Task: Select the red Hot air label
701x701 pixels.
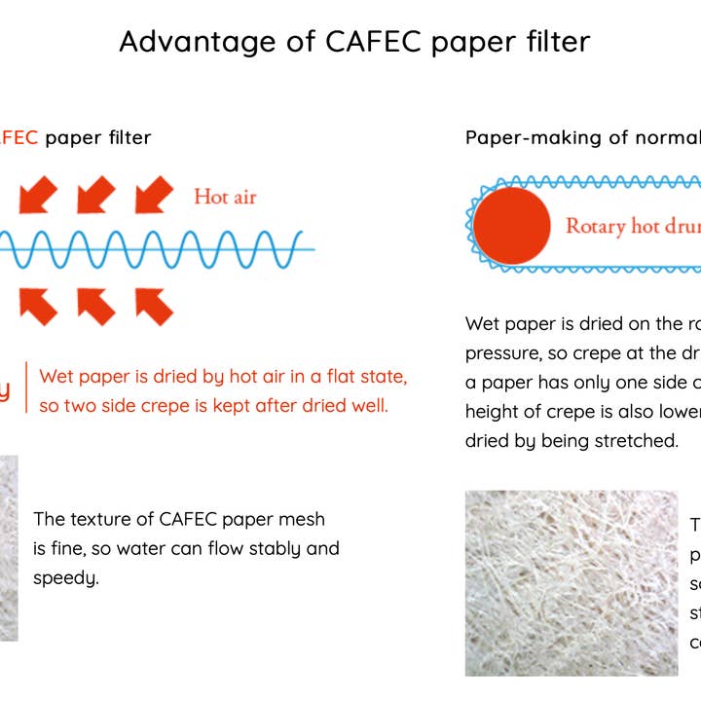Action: (x=225, y=197)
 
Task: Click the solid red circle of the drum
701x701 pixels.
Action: (x=511, y=226)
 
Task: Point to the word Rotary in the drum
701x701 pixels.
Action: (x=596, y=227)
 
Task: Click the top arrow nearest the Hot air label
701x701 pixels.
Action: (x=154, y=194)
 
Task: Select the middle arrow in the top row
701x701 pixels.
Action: (x=96, y=194)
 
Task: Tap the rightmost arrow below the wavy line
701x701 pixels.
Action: (x=154, y=305)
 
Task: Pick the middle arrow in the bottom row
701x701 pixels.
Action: (x=96, y=305)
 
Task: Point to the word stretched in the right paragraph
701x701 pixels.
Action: (x=638, y=440)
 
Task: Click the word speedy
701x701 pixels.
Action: (x=66, y=578)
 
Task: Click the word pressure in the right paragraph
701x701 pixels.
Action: (x=502, y=352)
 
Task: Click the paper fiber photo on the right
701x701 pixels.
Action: (x=571, y=582)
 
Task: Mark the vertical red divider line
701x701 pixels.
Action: (x=26, y=389)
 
